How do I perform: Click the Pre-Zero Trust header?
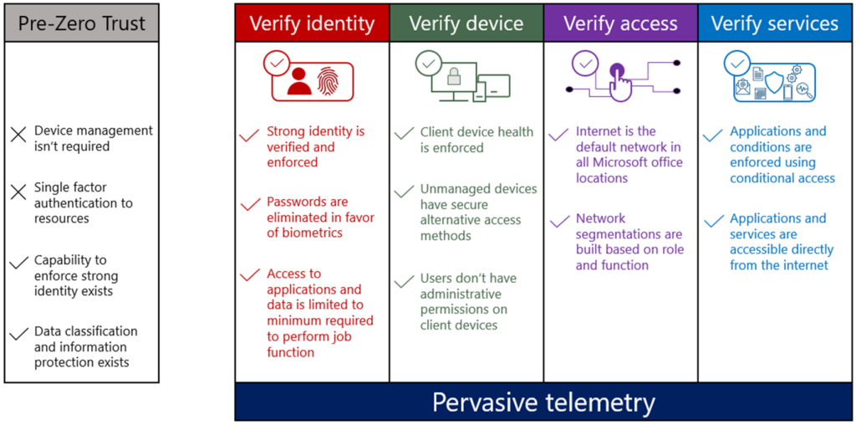pos(81,23)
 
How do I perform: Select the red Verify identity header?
pos(312,23)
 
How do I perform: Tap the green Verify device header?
pos(466,23)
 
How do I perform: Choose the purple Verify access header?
pos(620,23)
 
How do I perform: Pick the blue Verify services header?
pos(774,23)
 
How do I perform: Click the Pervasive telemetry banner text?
pos(543,402)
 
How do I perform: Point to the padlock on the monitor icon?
pos(454,78)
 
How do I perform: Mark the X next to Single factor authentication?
pos(18,192)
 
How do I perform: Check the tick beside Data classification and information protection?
pos(18,335)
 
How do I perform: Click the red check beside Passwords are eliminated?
pos(249,205)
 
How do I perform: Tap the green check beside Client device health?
pos(404,133)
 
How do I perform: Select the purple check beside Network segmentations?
pos(558,222)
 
